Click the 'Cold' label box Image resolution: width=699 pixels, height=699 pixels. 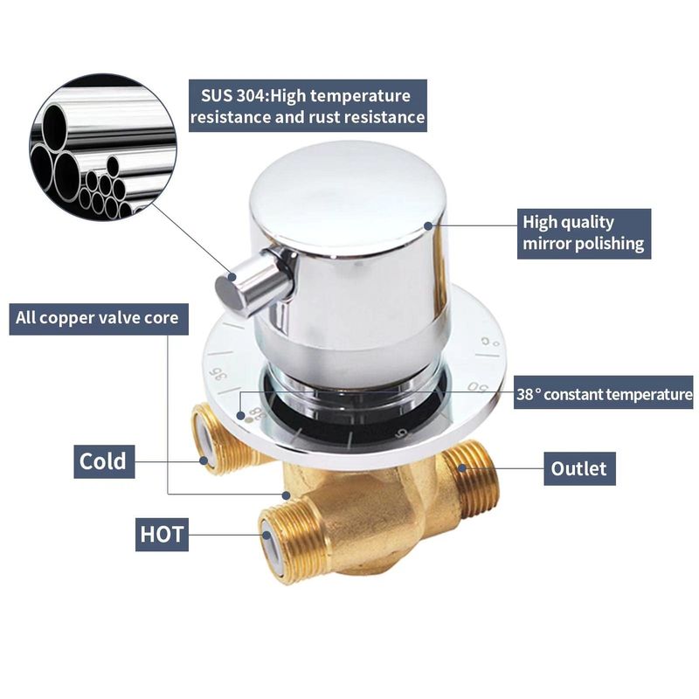(x=104, y=461)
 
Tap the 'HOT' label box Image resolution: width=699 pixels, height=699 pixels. (x=162, y=534)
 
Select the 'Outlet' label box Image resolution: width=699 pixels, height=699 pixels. (x=579, y=468)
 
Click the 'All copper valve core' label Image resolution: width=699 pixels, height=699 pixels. (x=99, y=319)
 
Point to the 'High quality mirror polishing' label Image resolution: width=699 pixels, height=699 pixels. (x=584, y=233)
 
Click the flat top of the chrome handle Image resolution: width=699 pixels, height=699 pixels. (x=347, y=196)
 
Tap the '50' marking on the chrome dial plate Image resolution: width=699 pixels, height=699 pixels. (x=478, y=386)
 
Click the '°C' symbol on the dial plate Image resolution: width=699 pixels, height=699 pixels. (x=490, y=342)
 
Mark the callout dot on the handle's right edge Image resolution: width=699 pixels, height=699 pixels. (x=428, y=226)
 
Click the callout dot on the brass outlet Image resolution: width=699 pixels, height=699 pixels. (x=462, y=468)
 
